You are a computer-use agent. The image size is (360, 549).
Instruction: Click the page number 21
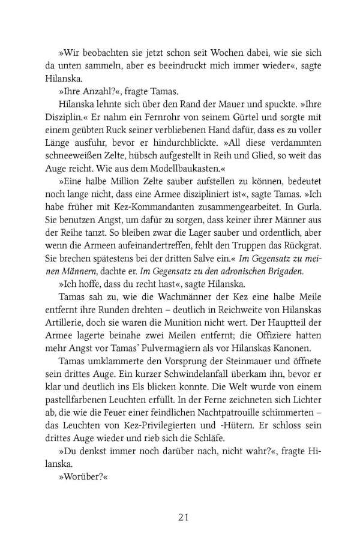tap(180, 500)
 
